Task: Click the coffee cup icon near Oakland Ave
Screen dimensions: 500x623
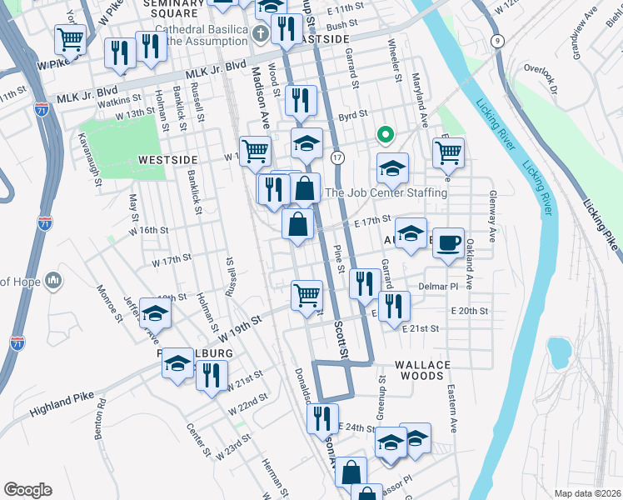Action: pos(448,243)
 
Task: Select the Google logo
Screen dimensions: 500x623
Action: pos(27,490)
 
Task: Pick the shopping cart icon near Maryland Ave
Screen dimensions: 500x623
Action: pos(448,152)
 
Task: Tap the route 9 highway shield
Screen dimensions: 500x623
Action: pos(497,40)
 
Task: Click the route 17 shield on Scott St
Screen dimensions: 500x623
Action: pos(337,157)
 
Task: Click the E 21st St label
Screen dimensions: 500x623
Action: pos(421,329)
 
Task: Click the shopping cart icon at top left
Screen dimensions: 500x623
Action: pos(70,38)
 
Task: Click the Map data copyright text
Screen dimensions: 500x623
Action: pos(587,493)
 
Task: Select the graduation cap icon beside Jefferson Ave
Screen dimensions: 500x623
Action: pos(155,313)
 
